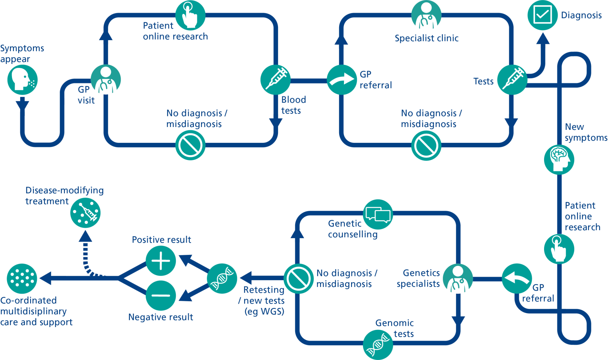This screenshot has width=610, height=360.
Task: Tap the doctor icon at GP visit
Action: (x=106, y=80)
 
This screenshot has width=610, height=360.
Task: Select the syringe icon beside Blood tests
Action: (x=275, y=80)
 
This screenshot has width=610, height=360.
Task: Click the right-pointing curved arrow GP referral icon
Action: (x=342, y=80)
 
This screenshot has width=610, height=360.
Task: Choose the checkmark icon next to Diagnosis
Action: (x=542, y=15)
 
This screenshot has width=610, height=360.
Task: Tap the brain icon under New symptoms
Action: (x=559, y=159)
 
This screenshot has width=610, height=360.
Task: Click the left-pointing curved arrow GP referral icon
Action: (x=517, y=279)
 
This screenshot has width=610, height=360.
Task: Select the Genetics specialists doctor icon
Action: (x=457, y=279)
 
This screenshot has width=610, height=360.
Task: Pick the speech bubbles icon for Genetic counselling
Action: (x=378, y=214)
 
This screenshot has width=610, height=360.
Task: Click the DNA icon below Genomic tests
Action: (x=378, y=345)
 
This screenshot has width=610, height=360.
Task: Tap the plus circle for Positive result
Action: (x=160, y=261)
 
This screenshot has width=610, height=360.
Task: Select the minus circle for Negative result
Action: (x=160, y=296)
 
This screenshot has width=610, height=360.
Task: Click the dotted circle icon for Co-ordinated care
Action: (x=22, y=279)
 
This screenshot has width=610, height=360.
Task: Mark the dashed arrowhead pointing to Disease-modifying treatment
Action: (x=85, y=236)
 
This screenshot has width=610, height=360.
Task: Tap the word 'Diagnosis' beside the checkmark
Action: (x=581, y=15)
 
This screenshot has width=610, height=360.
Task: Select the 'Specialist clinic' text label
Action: (x=427, y=39)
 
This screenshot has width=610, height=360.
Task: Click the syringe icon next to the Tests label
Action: (x=512, y=80)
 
